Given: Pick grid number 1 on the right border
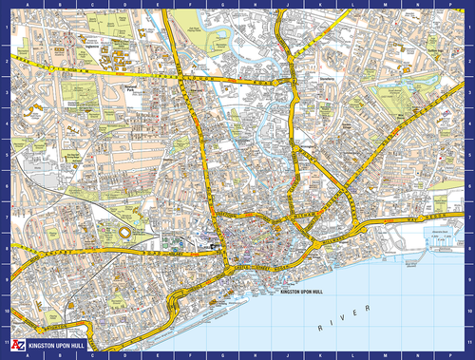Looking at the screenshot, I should [470, 26].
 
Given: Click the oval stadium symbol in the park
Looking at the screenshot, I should [123, 233].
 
